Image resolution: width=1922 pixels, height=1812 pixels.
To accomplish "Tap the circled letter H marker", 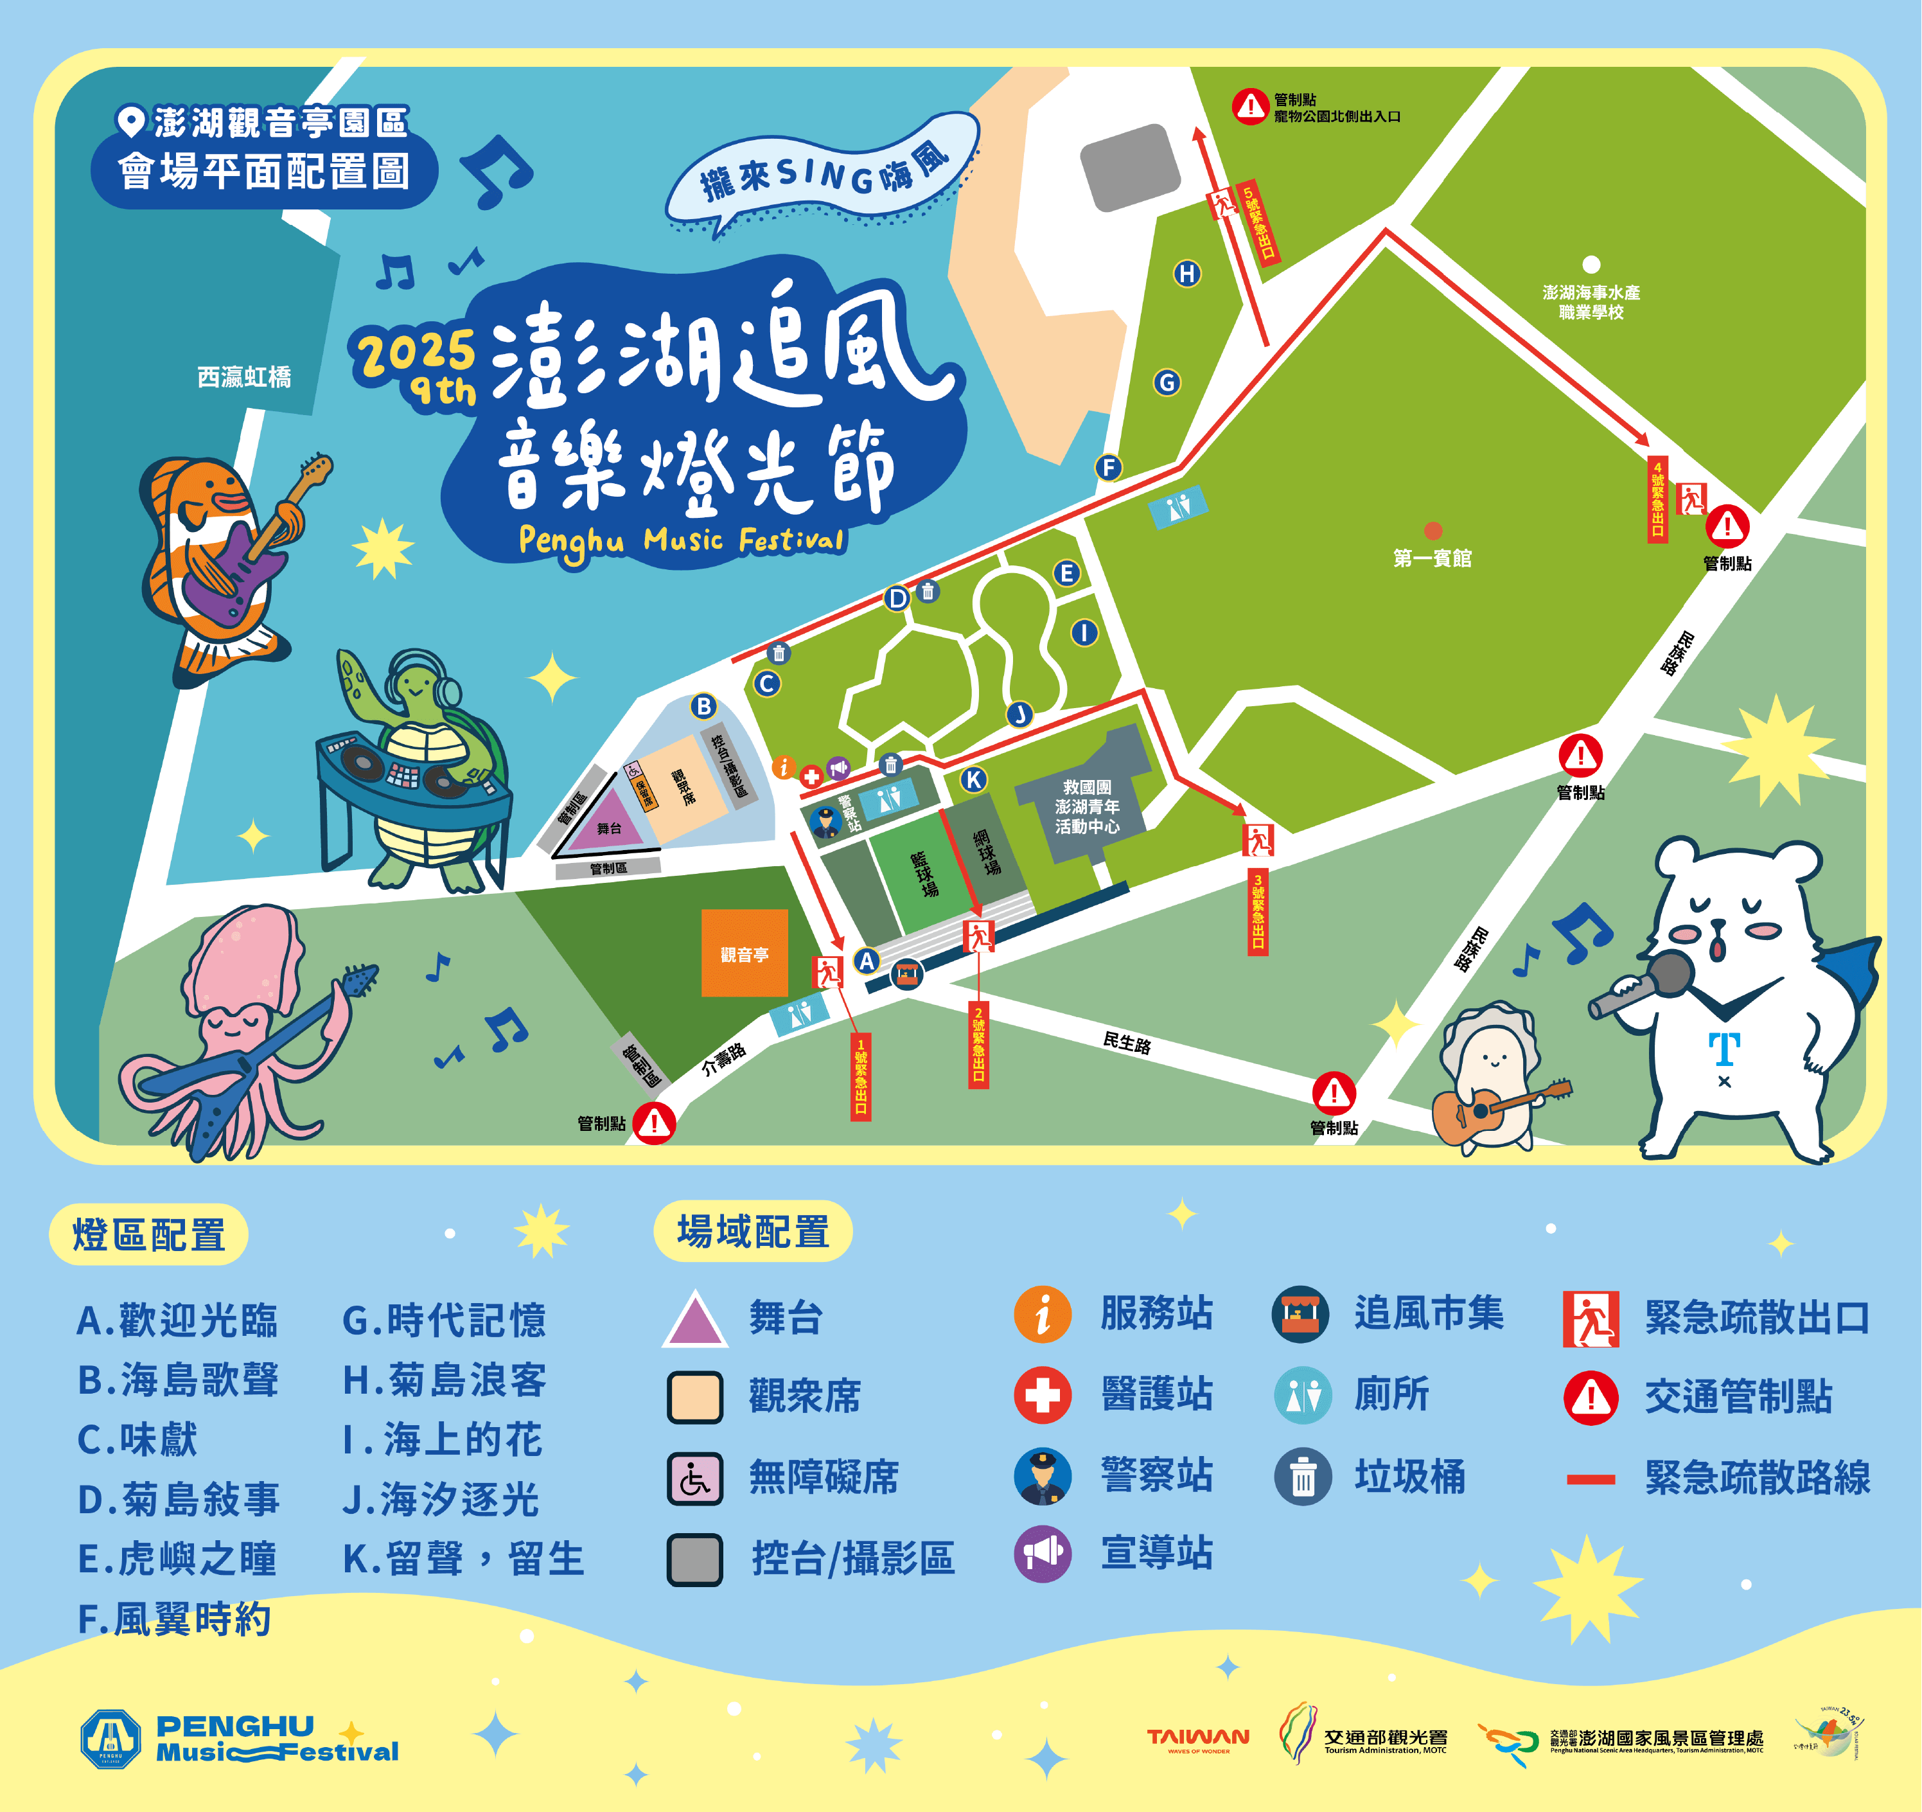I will [1186, 274].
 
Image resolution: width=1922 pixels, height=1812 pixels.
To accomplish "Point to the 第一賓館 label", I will [1432, 558].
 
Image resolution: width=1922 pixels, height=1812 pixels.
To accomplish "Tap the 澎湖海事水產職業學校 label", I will [1591, 301].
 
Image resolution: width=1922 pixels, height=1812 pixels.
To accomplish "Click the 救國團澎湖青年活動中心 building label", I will [1087, 806].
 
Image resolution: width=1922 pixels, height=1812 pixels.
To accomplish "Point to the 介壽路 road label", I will [723, 1060].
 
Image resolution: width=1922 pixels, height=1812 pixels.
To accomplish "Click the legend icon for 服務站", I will [1041, 1315].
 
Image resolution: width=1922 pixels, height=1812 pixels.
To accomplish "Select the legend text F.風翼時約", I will [174, 1619].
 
